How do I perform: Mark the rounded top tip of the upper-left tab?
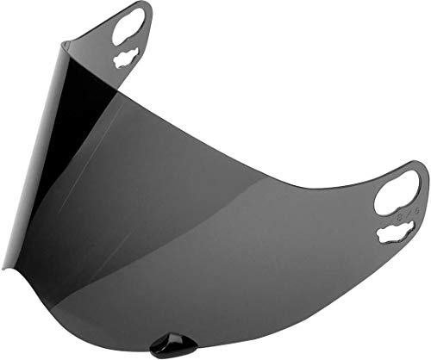pos(136,7)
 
